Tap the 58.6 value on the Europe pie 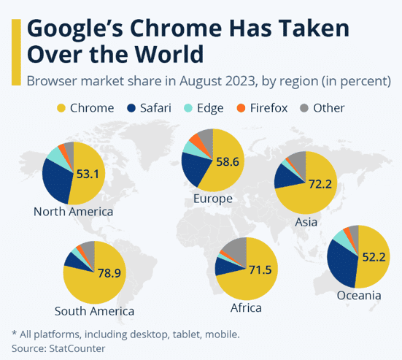[226, 161]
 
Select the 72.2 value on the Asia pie [320, 184]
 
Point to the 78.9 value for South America [109, 275]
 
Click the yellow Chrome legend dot [61, 109]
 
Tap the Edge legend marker [189, 109]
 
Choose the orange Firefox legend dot [240, 109]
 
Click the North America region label [73, 212]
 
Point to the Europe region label [213, 199]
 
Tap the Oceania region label [359, 296]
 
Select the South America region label [95, 311]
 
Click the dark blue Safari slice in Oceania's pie [339, 263]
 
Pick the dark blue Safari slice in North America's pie [55, 179]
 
